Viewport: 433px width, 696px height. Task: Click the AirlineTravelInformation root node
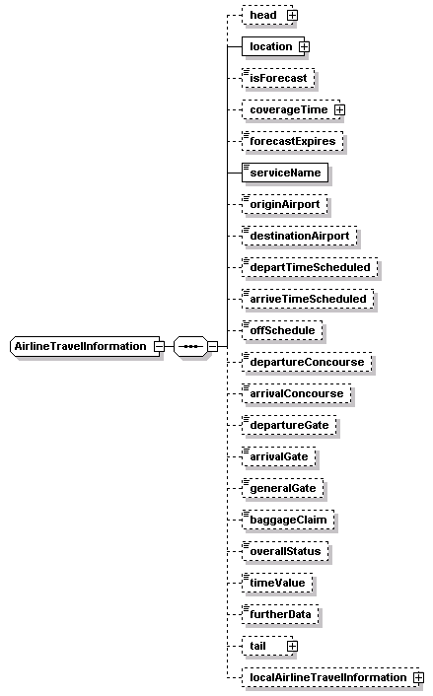click(85, 346)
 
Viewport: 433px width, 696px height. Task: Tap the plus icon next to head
click(292, 15)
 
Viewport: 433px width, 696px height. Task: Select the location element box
click(273, 46)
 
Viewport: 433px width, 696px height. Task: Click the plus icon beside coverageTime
click(339, 109)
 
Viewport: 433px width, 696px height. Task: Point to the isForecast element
click(278, 78)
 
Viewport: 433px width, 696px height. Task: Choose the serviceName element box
click(285, 173)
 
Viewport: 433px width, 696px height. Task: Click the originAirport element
click(285, 204)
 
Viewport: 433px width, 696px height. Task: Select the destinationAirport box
click(299, 236)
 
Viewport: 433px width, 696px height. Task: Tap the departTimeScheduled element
click(310, 267)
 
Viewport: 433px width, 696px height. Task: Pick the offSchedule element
click(282, 330)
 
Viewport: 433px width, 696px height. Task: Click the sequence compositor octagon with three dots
click(190, 346)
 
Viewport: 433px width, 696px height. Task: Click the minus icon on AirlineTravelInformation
click(159, 346)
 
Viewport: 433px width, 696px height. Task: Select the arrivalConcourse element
click(297, 393)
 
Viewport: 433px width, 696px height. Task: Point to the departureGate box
click(289, 425)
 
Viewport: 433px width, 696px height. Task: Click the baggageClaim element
click(288, 520)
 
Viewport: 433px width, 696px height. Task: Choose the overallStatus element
click(285, 551)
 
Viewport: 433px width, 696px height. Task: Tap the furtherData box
click(280, 614)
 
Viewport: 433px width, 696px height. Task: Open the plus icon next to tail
click(292, 646)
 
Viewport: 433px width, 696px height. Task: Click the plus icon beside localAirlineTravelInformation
click(418, 677)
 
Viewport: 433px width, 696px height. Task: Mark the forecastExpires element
click(293, 141)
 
